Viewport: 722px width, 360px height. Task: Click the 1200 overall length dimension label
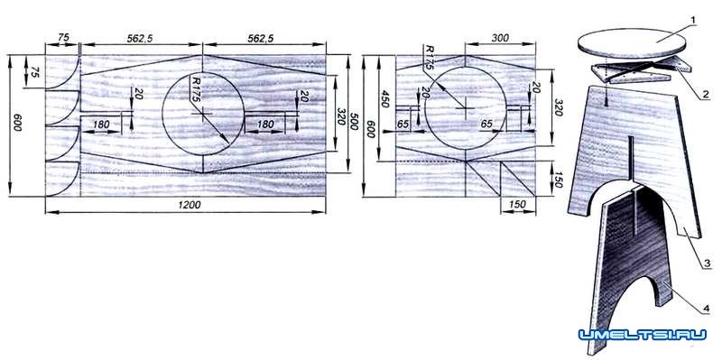190,205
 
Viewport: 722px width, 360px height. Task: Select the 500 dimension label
354,121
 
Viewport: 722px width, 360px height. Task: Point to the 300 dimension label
500,38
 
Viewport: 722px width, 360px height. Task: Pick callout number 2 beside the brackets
705,95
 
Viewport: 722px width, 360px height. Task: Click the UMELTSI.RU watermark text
643,334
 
